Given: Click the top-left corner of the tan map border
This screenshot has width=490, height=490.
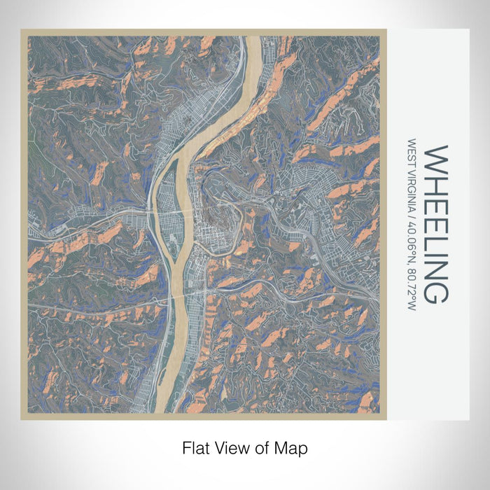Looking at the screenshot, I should point(22,30).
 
